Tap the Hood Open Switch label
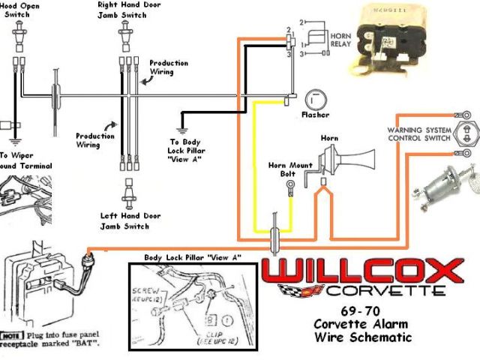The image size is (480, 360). point(21,8)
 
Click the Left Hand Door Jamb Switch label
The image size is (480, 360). point(130,220)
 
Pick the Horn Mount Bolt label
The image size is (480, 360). point(289,169)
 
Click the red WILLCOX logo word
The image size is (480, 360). point(363,271)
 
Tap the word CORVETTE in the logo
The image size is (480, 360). point(383,291)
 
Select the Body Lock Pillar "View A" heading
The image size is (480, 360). point(193,257)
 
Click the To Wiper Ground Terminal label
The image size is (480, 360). point(25,160)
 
